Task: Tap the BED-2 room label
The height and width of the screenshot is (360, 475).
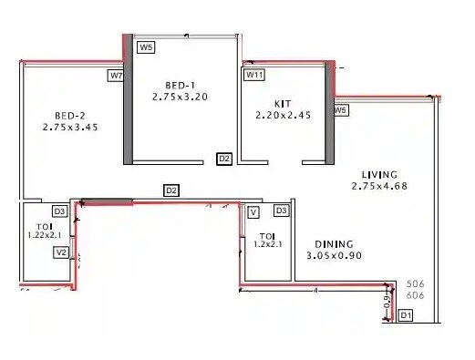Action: coord(69,116)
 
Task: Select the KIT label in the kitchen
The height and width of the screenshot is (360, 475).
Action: coord(283,104)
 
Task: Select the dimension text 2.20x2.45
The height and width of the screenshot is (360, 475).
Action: coord(283,116)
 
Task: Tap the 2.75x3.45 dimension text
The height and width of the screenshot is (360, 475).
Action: coord(69,128)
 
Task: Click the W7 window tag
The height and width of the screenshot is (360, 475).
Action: coord(116,76)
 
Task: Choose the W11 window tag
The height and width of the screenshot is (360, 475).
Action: coord(254,76)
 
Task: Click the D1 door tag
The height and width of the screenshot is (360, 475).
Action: coord(406,315)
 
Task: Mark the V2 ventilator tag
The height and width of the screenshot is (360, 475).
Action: coord(62,252)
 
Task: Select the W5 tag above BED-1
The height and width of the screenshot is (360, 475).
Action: coord(145,46)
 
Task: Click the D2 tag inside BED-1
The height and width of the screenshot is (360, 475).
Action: coord(224,159)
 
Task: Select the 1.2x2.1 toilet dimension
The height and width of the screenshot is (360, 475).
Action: coord(268,243)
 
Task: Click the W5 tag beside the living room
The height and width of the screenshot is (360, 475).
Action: coord(341,110)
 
